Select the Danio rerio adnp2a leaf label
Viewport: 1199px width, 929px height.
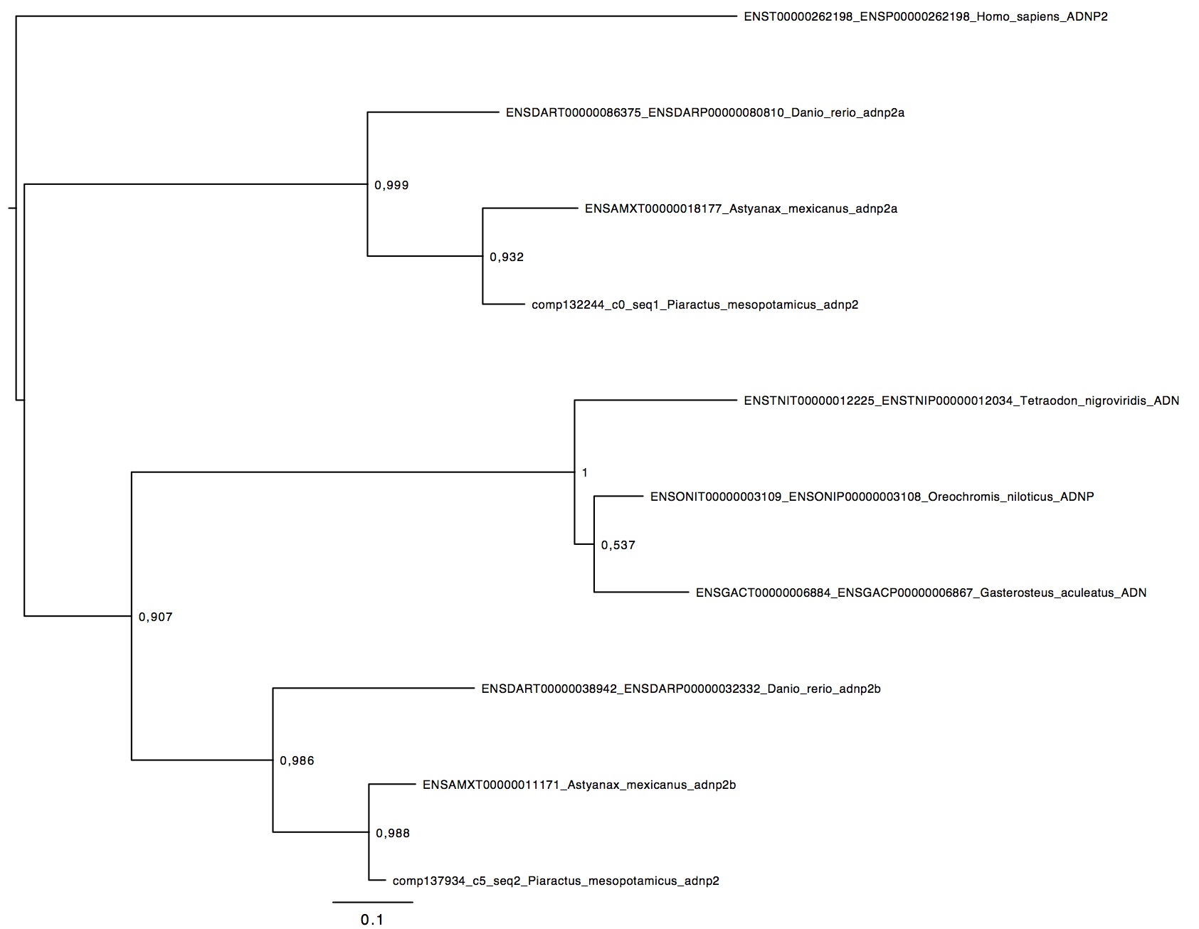tap(705, 112)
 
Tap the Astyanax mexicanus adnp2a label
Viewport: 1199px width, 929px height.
tap(741, 208)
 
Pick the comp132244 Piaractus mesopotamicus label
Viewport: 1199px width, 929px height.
tap(695, 304)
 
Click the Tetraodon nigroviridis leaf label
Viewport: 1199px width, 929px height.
tap(961, 400)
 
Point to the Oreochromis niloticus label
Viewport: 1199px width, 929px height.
tap(872, 497)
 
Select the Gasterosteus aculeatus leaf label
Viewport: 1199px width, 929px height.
tap(921, 593)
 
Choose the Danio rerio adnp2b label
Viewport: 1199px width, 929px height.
tap(681, 689)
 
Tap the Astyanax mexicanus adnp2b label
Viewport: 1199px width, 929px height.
tap(579, 785)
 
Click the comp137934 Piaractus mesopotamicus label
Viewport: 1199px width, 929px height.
tap(556, 881)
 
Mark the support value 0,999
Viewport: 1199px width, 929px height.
tap(392, 186)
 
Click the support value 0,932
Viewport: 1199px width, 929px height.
tap(507, 258)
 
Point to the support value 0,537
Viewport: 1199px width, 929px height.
tap(618, 546)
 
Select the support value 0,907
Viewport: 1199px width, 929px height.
tap(156, 617)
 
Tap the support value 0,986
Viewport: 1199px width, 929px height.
tap(297, 761)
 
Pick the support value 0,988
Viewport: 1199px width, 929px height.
tap(393, 833)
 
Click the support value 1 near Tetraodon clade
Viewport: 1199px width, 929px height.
tap(585, 473)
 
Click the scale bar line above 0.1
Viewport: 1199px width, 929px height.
tap(373, 902)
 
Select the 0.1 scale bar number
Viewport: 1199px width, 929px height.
tap(372, 920)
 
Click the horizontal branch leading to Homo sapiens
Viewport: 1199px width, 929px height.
tap(376, 16)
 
